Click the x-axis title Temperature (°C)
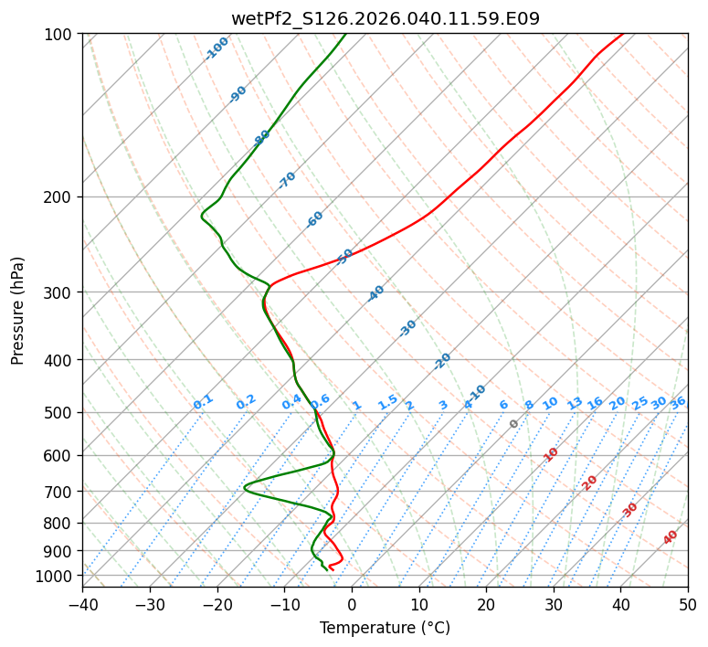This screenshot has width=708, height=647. [385, 629]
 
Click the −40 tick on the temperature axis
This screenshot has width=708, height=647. [82, 605]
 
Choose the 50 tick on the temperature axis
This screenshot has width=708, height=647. [688, 605]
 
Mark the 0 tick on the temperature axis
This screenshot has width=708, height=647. [352, 605]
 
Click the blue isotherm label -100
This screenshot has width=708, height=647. [217, 48]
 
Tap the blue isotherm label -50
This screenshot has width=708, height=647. [345, 256]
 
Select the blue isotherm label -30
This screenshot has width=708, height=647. [407, 328]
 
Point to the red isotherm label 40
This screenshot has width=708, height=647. [671, 537]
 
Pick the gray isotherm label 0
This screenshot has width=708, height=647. [514, 424]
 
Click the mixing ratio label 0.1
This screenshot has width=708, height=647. [203, 401]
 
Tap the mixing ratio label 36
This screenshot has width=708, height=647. [678, 402]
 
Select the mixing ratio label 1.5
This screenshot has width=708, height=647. [387, 401]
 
